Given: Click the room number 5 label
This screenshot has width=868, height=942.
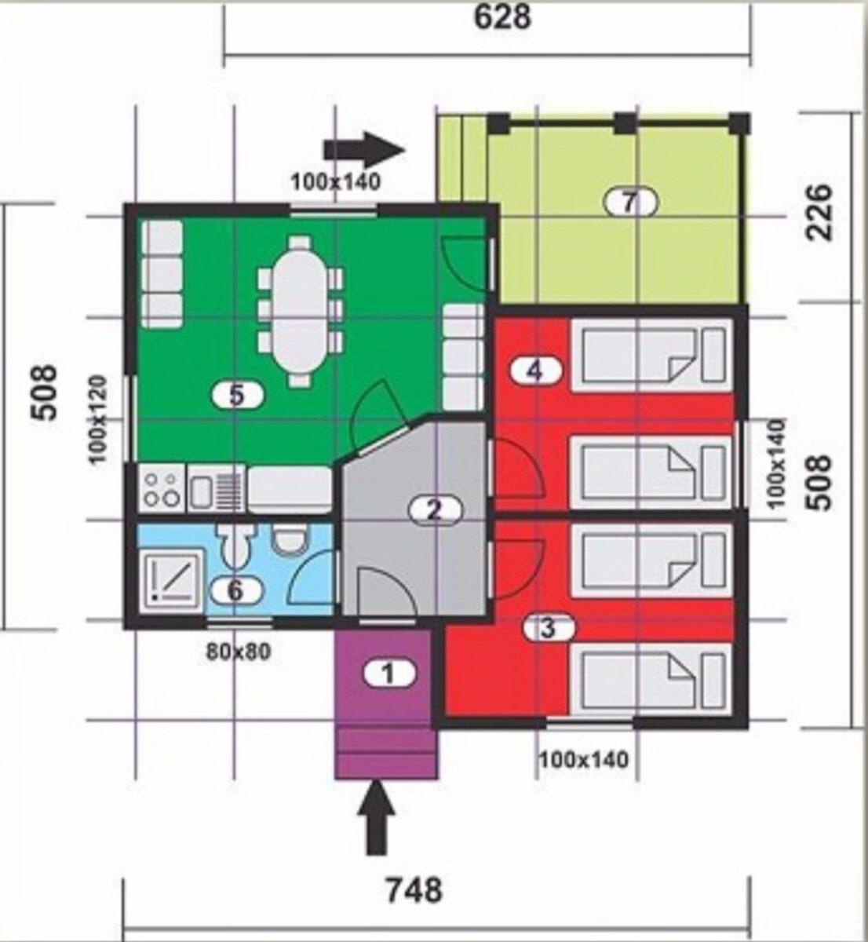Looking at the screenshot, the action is point(238,396).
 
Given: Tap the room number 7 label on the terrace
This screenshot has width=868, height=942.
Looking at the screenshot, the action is point(630,203).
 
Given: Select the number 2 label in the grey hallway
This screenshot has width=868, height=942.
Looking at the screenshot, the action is point(436,510).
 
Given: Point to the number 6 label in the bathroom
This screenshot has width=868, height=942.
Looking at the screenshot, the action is point(237,591).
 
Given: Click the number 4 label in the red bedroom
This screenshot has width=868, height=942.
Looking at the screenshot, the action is point(535,371).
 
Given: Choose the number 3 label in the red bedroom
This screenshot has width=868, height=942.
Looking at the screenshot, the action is point(548,629).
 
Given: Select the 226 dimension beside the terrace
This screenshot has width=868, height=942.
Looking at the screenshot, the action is point(819,212).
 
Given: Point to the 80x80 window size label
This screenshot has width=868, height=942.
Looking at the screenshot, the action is point(239,652).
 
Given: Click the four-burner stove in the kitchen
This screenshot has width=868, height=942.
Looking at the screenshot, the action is point(162,488).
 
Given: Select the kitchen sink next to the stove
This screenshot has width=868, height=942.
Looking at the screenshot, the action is point(217,488).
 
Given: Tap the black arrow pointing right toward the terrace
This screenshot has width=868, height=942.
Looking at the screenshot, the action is point(364,150).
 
